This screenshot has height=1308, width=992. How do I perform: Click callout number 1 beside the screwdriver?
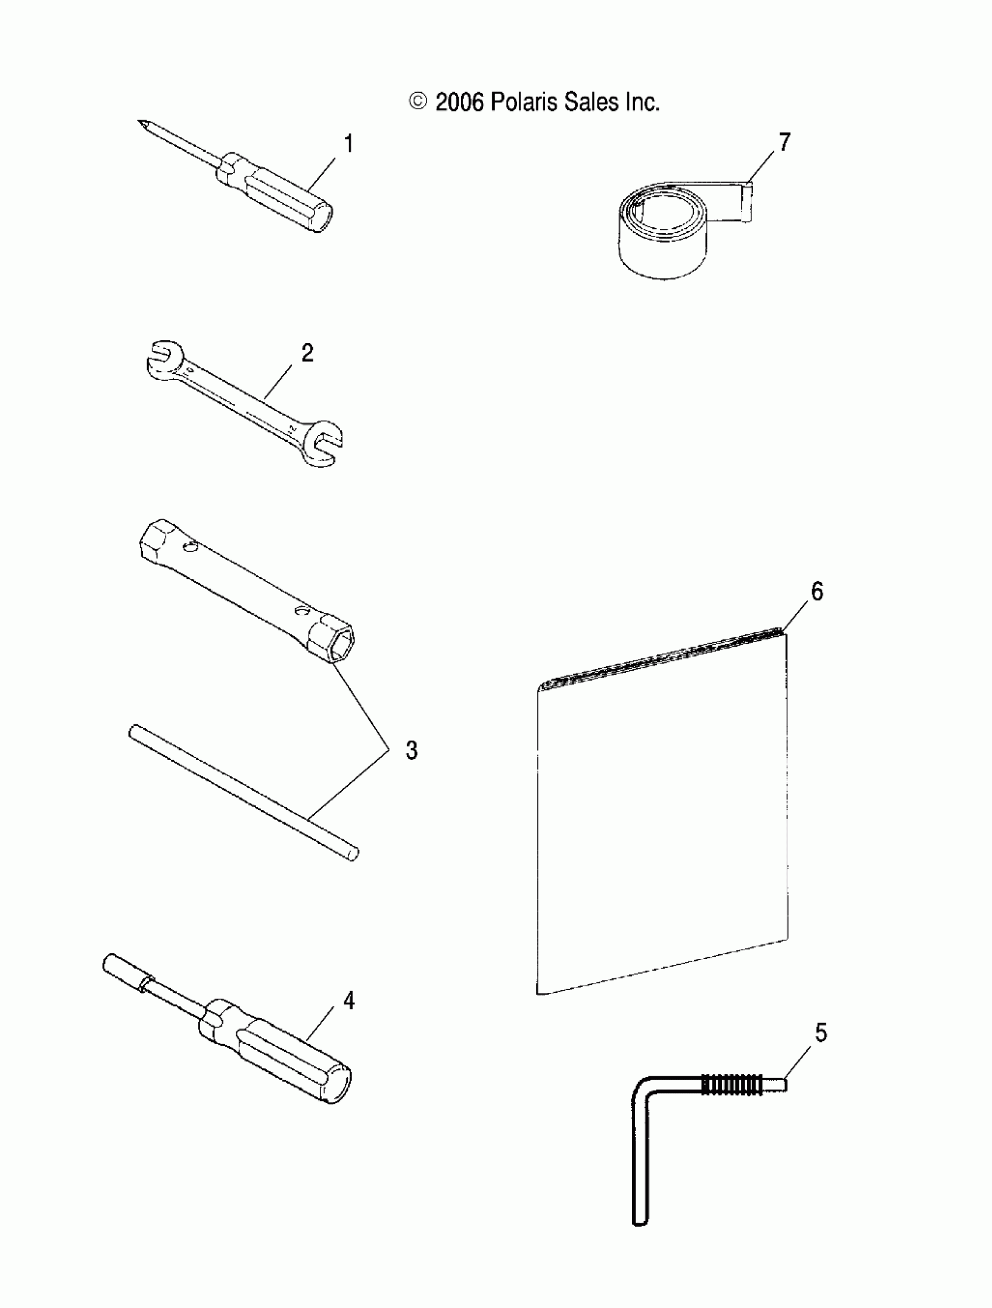click(x=349, y=144)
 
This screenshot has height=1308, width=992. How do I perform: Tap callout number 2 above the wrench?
click(x=308, y=353)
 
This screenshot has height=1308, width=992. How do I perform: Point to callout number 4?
click(x=349, y=1000)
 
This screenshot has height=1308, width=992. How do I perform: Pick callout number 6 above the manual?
click(x=817, y=591)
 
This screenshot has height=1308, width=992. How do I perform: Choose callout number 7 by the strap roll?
click(x=784, y=142)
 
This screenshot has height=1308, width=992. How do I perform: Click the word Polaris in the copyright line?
click(x=524, y=102)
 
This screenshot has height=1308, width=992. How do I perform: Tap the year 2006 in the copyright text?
click(x=459, y=102)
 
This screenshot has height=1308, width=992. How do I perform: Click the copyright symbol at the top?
click(x=418, y=102)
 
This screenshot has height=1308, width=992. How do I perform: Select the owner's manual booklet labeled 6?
click(x=662, y=816)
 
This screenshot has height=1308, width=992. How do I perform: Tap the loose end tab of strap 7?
click(x=747, y=203)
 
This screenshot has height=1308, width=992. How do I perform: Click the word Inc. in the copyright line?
click(x=642, y=102)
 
